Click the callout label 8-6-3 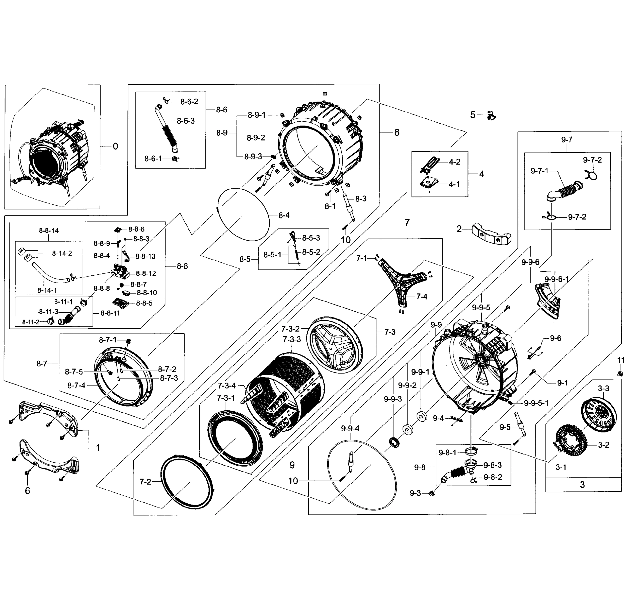tap(186, 121)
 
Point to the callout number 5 tap(473, 115)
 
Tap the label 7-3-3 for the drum tap(292, 339)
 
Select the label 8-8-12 tap(146, 273)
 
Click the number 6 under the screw tap(27, 491)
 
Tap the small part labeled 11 tap(620, 373)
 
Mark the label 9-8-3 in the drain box tap(492, 465)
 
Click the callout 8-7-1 tap(108, 340)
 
